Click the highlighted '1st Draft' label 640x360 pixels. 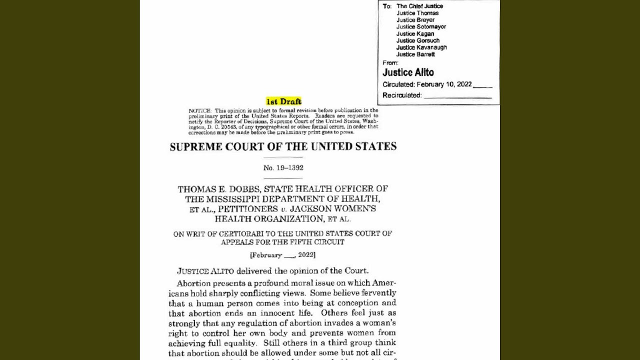[x=283, y=101]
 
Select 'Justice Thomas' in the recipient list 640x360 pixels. [x=417, y=13]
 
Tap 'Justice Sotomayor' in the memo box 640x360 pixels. [x=421, y=27]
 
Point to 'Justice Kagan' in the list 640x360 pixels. [x=415, y=34]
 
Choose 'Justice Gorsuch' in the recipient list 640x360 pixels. [x=418, y=40]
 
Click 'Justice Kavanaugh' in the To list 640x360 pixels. [x=421, y=47]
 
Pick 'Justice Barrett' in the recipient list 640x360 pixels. [x=415, y=54]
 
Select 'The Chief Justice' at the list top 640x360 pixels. [x=419, y=6]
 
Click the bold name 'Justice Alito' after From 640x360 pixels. [x=408, y=72]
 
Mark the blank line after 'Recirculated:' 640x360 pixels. [x=457, y=95]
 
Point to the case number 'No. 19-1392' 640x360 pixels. [x=283, y=168]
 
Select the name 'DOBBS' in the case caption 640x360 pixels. [x=242, y=189]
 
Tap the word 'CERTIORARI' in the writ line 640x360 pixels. [x=238, y=233]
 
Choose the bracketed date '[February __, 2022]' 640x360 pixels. [x=282, y=255]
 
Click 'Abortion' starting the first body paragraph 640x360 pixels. [x=193, y=283]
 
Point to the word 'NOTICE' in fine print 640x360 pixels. [x=199, y=110]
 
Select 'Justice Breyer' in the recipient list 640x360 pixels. [x=415, y=20]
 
